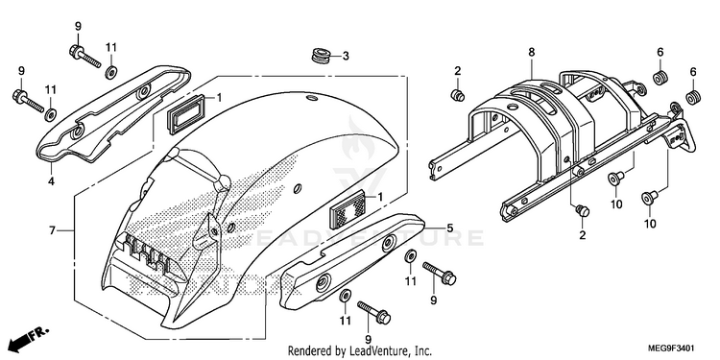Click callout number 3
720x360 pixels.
(346, 57)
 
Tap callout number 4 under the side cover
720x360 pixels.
(51, 181)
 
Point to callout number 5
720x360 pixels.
(450, 228)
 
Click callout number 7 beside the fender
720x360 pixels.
(53, 230)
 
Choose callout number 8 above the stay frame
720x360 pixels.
(531, 53)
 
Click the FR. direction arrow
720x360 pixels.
(29, 338)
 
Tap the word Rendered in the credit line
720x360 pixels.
(310, 351)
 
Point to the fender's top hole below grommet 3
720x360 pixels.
(312, 98)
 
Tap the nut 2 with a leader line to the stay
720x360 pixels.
(583, 211)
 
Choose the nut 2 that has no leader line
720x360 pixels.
(457, 95)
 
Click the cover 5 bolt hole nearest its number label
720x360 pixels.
(389, 241)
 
